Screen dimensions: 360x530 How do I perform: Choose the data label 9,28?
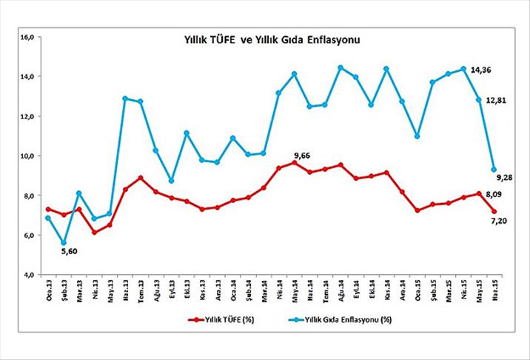click(x=505, y=176)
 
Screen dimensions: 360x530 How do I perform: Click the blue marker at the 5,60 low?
click(x=64, y=242)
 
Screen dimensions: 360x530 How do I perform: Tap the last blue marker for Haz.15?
click(x=494, y=170)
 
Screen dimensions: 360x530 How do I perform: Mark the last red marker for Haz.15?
click(x=494, y=211)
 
